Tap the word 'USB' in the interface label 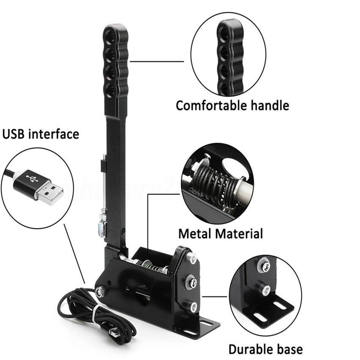14,134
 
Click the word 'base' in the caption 290,349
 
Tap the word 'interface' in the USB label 53,134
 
